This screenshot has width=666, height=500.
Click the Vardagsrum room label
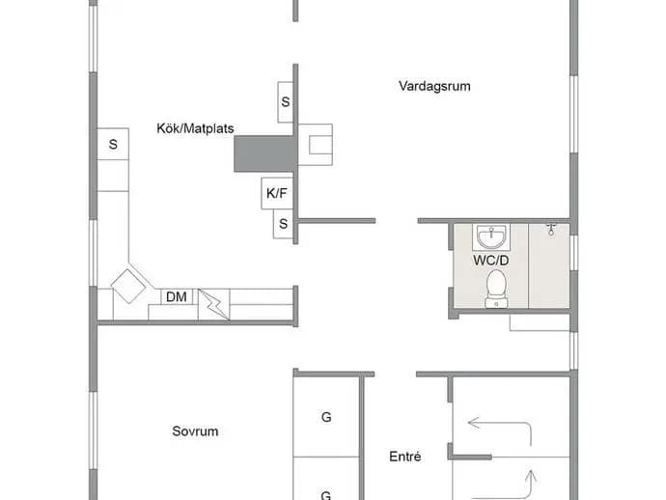434,86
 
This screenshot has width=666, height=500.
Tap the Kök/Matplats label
195,128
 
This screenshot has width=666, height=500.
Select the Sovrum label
195,431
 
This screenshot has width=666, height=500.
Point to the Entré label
405,457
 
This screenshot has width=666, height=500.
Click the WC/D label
491,261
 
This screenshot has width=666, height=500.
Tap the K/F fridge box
277,193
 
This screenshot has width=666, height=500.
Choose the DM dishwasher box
177,296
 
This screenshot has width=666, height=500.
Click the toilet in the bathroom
496,289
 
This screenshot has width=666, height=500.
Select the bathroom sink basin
491,237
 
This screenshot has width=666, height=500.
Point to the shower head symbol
551,229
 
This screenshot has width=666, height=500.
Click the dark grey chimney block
265,153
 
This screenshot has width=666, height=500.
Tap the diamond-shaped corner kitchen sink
128,286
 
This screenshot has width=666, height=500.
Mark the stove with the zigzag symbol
213,304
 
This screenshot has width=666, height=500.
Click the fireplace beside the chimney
316,145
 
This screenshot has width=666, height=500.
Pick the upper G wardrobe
326,417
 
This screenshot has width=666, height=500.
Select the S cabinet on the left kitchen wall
113,144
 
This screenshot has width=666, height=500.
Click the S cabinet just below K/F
284,223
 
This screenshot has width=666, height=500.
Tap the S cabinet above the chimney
286,102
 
